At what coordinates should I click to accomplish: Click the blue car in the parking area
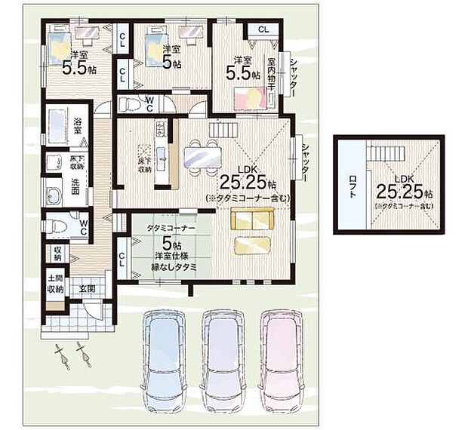[163, 355]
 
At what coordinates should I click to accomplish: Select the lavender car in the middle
[222, 355]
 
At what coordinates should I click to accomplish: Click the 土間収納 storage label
[56, 284]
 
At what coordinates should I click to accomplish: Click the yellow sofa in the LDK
[252, 220]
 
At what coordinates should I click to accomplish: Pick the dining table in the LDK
[201, 155]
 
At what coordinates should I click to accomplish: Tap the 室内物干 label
[270, 73]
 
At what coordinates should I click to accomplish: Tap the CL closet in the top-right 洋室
[263, 29]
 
